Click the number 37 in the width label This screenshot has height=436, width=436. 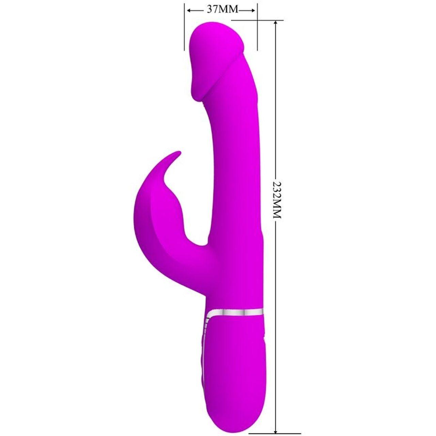(x=213, y=10)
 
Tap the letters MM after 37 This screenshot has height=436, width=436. (x=228, y=10)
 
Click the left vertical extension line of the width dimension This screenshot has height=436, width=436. (x=185, y=27)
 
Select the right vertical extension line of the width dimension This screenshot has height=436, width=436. (x=257, y=27)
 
